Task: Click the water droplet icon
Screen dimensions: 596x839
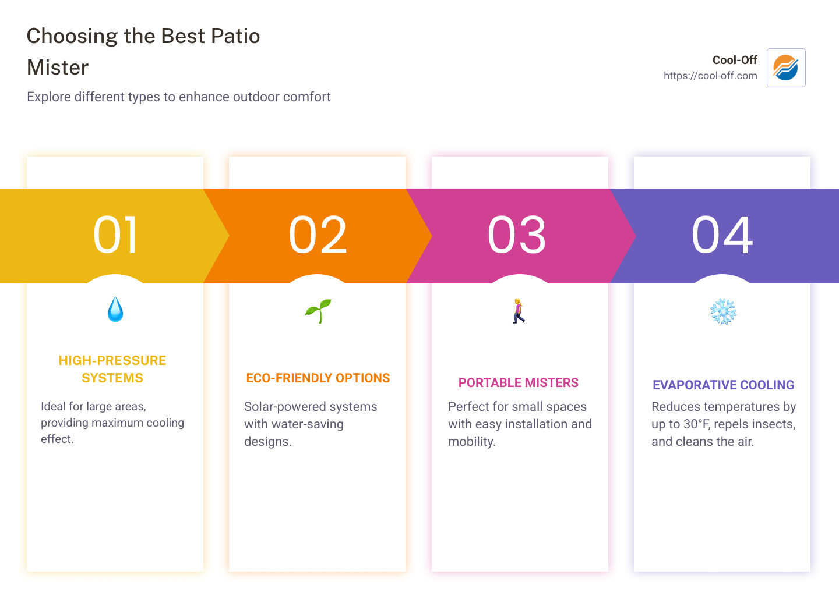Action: tap(115, 310)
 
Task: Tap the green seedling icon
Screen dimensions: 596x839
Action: tap(318, 311)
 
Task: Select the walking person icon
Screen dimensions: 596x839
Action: tap(519, 311)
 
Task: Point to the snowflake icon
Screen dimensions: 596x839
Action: tap(723, 311)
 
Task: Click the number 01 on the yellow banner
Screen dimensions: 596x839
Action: tap(116, 235)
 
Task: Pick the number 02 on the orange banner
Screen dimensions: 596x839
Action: tap(318, 235)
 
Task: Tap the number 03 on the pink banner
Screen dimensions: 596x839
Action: tap(517, 235)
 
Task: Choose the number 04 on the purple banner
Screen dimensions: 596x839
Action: tap(722, 235)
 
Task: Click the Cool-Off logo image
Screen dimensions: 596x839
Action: tap(786, 68)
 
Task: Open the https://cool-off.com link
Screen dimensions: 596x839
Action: tap(710, 76)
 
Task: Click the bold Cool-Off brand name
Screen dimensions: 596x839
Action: tap(735, 60)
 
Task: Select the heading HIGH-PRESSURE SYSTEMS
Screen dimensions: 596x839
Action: tap(112, 369)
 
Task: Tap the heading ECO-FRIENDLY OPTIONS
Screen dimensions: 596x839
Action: tap(318, 378)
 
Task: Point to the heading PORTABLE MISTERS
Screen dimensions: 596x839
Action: tap(519, 383)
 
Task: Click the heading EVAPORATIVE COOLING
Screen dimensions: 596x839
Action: tap(723, 385)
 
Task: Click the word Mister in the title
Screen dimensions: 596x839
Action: tap(58, 68)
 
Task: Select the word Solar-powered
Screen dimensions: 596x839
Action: tap(281, 407)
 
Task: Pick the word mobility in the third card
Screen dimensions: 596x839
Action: tap(471, 442)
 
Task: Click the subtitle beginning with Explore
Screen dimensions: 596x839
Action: tap(178, 97)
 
